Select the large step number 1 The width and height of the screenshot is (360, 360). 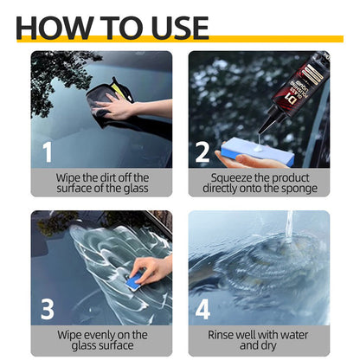48,152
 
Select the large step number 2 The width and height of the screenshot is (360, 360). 202,152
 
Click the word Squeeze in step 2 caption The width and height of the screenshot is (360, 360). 233,177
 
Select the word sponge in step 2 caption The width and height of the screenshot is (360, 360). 297,189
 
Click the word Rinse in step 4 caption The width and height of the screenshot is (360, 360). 224,333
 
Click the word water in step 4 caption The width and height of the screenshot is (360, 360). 300,333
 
